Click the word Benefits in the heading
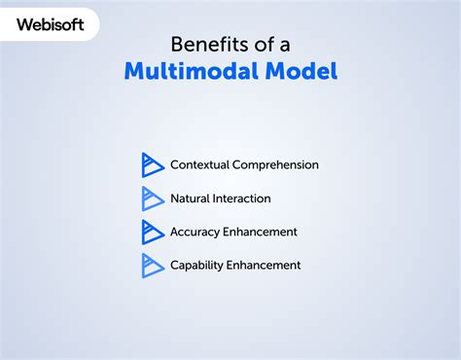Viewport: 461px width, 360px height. pyautogui.click(x=203, y=44)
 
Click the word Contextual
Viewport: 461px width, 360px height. pyautogui.click(x=200, y=165)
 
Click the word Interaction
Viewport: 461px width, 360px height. pyautogui.click(x=244, y=198)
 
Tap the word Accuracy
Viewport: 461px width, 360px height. pyautogui.click(x=197, y=232)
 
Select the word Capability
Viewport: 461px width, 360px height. pyautogui.click(x=198, y=265)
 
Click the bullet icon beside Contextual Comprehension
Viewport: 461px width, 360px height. pyautogui.click(x=153, y=164)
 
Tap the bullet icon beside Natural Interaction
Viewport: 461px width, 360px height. pyautogui.click(x=153, y=198)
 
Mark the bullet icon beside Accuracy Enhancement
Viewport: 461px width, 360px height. pyautogui.click(x=153, y=232)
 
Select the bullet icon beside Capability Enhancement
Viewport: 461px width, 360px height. pyautogui.click(x=153, y=265)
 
